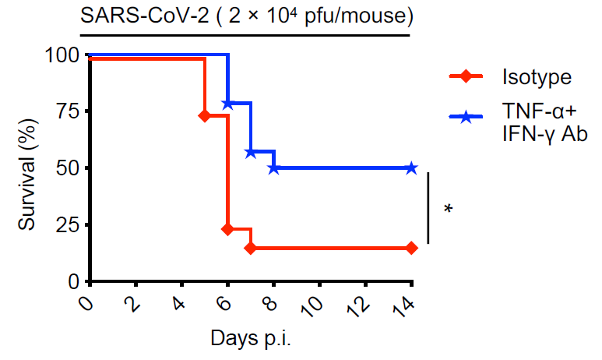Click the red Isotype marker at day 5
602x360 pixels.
click(205, 115)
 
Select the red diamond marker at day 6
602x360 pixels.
click(227, 229)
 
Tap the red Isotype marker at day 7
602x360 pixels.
click(250, 248)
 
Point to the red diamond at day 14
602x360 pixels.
click(410, 248)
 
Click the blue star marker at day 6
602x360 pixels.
click(227, 104)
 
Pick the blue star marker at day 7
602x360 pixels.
click(250, 152)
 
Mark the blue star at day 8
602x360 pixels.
click(273, 168)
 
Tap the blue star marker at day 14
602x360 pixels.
click(410, 168)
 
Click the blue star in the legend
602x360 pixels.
click(466, 117)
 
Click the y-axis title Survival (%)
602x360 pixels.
click(29, 168)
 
